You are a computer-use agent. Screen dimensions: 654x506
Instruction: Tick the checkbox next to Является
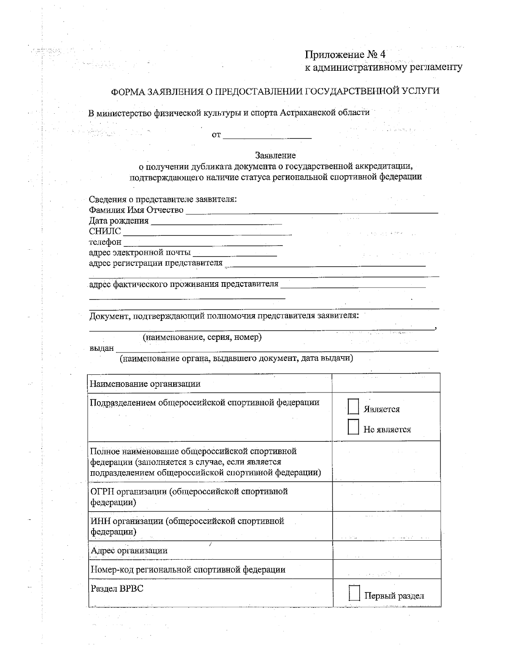pyautogui.click(x=353, y=407)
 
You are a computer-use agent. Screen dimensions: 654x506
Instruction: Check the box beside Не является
pyautogui.click(x=353, y=427)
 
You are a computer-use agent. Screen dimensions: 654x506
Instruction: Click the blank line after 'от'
pyautogui.click(x=267, y=137)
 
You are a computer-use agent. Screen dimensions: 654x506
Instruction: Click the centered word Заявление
pyautogui.click(x=275, y=155)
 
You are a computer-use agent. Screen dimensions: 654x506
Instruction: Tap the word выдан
pyautogui.click(x=102, y=348)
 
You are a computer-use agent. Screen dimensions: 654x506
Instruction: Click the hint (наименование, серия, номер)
pyautogui.click(x=202, y=337)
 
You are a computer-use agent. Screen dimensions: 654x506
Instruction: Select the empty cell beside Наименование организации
pyautogui.click(x=386, y=383)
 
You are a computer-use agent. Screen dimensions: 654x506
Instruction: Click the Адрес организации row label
pyautogui.click(x=129, y=550)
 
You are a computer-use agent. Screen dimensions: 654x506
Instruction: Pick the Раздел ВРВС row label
pyautogui.click(x=117, y=588)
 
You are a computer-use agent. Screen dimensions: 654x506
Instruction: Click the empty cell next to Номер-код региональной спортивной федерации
pyautogui.click(x=386, y=569)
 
